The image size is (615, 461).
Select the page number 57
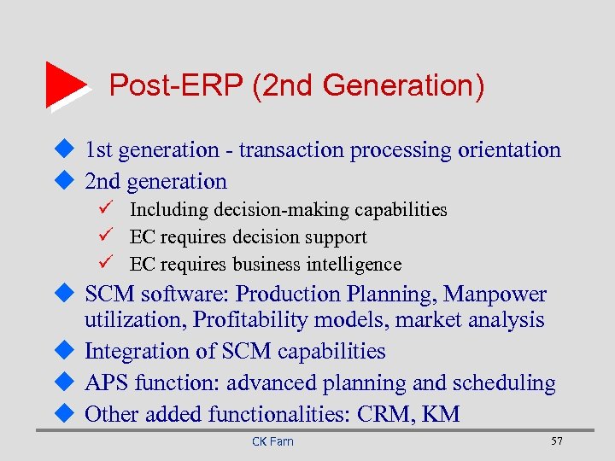pos(557,441)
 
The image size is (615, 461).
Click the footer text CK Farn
pos(272,441)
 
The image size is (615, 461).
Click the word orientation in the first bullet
pos(509,150)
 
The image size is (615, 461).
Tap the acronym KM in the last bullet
pos(443,415)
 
